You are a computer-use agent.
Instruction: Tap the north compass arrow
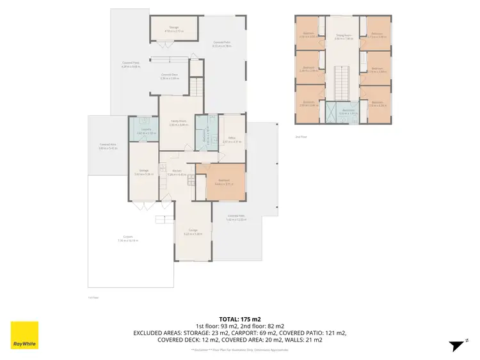[455, 345]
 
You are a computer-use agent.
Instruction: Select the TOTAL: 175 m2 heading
[239, 318]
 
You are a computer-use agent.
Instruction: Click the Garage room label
[193, 232]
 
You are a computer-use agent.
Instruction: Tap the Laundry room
[143, 131]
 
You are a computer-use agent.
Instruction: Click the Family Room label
[177, 123]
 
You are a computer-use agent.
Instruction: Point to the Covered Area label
[107, 146]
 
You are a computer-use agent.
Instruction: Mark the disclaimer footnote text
[239, 350]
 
